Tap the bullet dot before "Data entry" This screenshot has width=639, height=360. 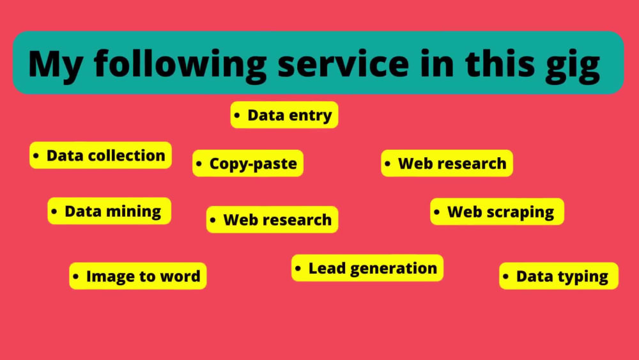[237, 115]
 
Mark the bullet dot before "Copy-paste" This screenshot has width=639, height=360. [199, 164]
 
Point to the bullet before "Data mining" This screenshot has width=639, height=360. [54, 211]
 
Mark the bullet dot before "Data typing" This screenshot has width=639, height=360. [505, 276]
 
